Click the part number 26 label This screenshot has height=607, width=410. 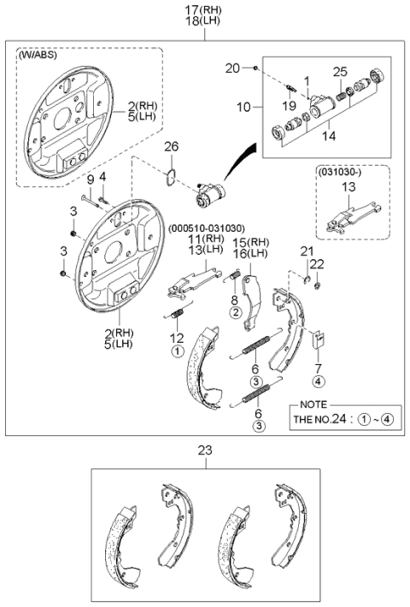pyautogui.click(x=172, y=146)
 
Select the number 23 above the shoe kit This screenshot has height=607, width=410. pyautogui.click(x=205, y=451)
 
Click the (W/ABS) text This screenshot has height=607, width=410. pyautogui.click(x=37, y=55)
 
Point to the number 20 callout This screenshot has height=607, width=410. pyautogui.click(x=232, y=68)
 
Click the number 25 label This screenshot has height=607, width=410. pyautogui.click(x=340, y=72)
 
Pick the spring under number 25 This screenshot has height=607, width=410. pyautogui.click(x=341, y=95)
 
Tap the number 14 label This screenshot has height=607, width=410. pyautogui.click(x=329, y=136)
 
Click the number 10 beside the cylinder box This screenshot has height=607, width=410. pyautogui.click(x=243, y=107)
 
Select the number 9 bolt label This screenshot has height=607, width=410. pyautogui.click(x=90, y=180)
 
